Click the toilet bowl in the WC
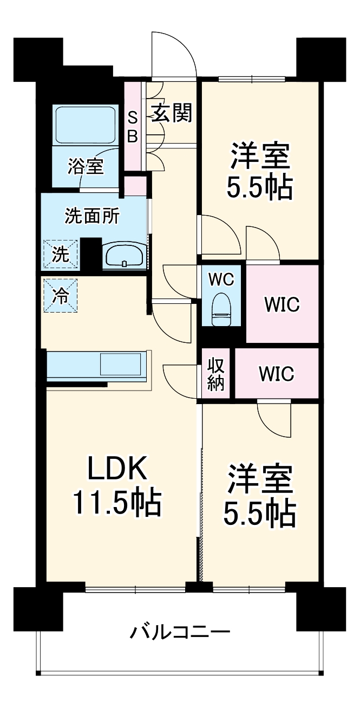tap(222, 311)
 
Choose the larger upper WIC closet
tap(282, 304)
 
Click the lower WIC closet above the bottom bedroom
tap(276, 374)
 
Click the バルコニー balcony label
tap(180, 632)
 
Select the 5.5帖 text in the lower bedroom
tap(260, 512)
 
